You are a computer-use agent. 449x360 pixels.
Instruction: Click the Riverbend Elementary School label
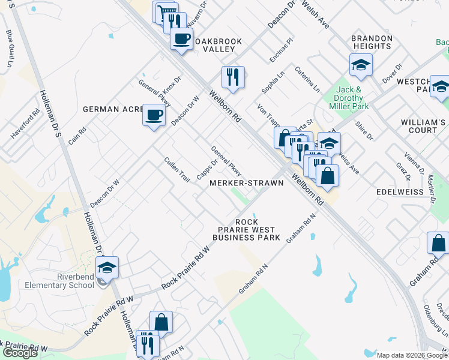coord(59,281)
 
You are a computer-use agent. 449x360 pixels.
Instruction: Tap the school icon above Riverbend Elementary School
coord(107,267)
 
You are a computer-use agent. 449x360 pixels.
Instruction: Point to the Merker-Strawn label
coord(246,183)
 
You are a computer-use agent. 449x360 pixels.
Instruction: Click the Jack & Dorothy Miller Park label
coord(348,98)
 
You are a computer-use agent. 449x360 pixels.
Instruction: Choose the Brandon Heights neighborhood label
coord(372,42)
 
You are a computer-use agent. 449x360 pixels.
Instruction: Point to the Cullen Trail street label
coord(177,170)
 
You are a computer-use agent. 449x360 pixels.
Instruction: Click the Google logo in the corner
coord(20,353)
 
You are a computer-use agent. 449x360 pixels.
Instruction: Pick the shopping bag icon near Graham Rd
coord(438,243)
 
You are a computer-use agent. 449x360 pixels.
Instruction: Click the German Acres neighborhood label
coord(114,109)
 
